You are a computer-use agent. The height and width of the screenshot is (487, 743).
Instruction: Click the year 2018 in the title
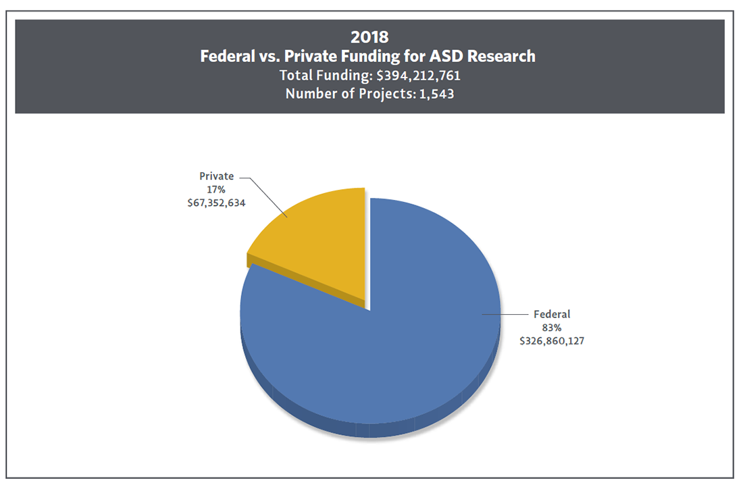(369, 37)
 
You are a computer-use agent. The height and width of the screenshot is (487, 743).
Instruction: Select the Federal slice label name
(552, 314)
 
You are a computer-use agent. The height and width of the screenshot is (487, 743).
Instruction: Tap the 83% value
(552, 328)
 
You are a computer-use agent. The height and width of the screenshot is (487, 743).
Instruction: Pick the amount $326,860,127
(552, 341)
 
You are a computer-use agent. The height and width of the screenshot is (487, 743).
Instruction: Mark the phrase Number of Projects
(335, 94)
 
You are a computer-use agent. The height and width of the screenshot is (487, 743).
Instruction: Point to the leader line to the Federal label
(507, 314)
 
